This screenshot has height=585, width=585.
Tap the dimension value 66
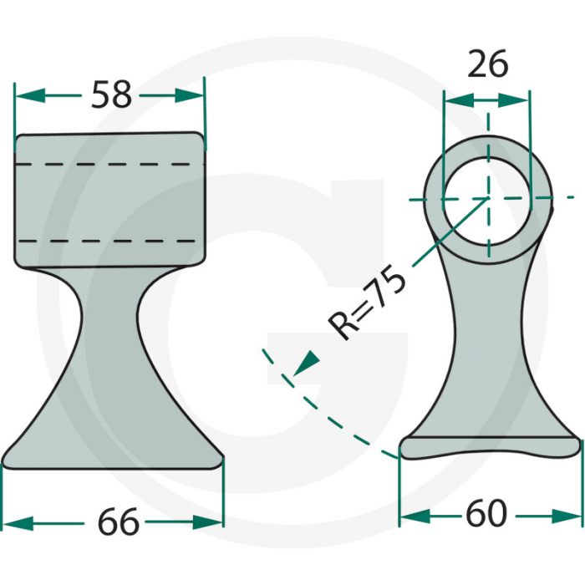(x=117, y=523)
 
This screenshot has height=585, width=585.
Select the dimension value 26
(x=487, y=64)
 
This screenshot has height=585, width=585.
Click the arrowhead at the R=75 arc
(x=308, y=362)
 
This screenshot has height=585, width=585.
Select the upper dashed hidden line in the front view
(x=109, y=165)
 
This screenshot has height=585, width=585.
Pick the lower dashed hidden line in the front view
(x=109, y=241)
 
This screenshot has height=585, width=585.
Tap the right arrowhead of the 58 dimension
(x=192, y=97)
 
